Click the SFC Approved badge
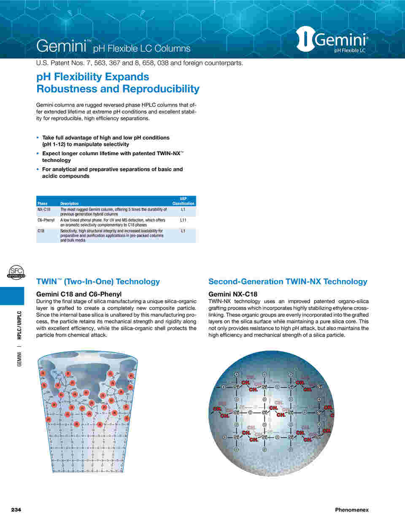click(16, 272)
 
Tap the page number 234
click(16, 510)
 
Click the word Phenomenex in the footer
click(351, 510)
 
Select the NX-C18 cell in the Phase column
click(44, 210)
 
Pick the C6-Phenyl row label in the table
click(46, 220)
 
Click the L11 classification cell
click(183, 220)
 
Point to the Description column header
click(69, 203)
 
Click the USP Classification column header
click(183, 201)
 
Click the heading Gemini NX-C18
click(233, 294)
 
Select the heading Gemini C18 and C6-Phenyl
click(79, 294)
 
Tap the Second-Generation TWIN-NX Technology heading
click(288, 281)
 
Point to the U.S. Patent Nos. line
click(140, 63)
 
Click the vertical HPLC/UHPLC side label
click(19, 325)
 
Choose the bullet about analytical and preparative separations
click(112, 173)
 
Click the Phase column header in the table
click(43, 203)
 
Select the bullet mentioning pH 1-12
click(105, 141)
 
